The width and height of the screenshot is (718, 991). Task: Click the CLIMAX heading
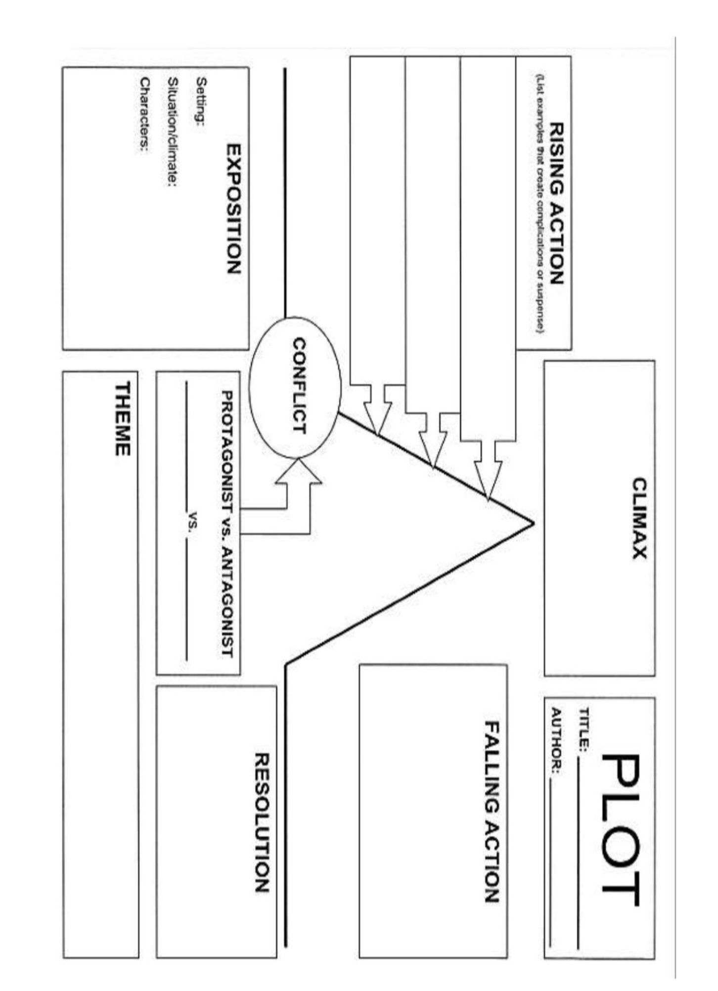[x=639, y=517]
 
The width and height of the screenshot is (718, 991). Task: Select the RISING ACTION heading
[x=557, y=203]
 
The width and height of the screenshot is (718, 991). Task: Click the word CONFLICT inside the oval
[x=299, y=386]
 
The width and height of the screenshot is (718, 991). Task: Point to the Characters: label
[x=144, y=114]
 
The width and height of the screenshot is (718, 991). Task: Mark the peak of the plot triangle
[x=533, y=523]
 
